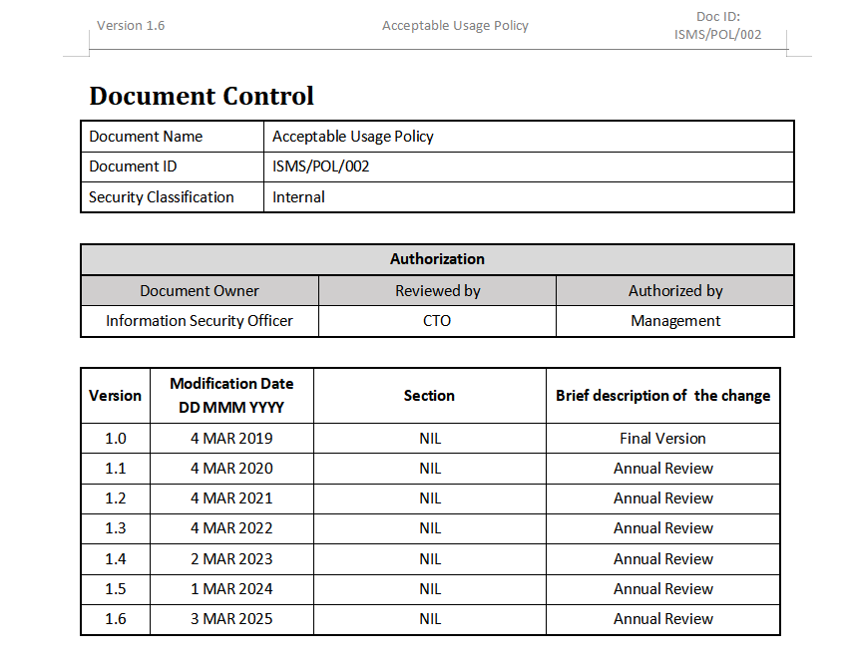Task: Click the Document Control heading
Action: (202, 96)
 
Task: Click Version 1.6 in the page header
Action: (131, 26)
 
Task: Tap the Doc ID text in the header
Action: (717, 26)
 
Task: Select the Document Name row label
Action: (146, 137)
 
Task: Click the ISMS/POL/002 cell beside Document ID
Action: (321, 166)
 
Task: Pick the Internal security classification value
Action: (299, 197)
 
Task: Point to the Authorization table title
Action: (437, 259)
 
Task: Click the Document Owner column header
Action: (200, 291)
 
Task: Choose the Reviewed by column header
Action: (438, 291)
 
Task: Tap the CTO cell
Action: (437, 321)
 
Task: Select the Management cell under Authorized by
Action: (675, 321)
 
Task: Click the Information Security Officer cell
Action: (200, 321)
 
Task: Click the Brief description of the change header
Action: (662, 396)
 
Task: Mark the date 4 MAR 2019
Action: (231, 439)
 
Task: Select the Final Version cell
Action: (662, 439)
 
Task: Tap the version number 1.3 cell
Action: (116, 528)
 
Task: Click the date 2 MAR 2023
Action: (231, 559)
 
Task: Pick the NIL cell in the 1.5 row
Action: (430, 589)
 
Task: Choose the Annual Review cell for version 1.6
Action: (662, 619)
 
